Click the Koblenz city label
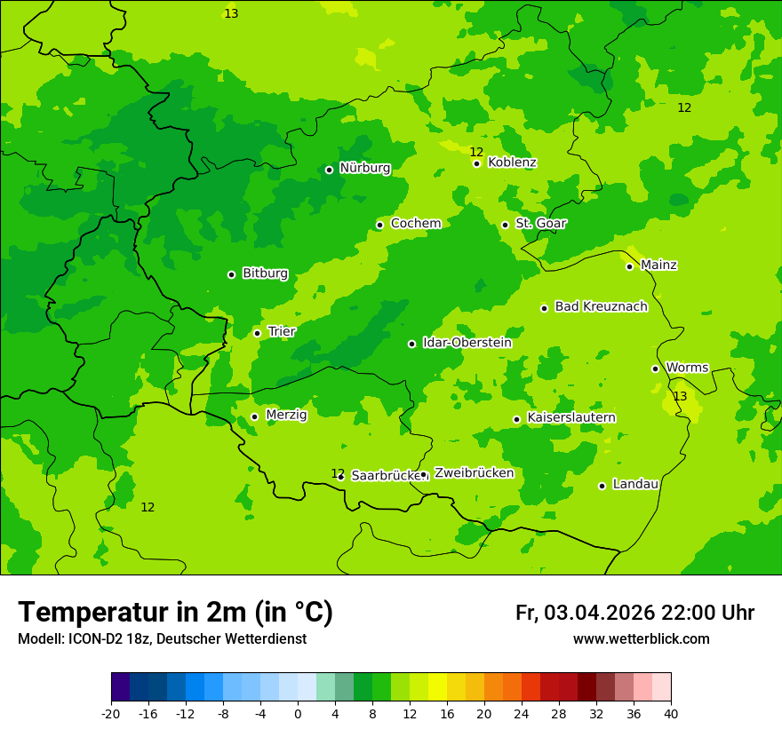512,162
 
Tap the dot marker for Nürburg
329,170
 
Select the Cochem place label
415,224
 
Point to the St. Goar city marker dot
505,225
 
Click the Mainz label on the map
658,265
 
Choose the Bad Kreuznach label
601,306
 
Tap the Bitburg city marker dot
231,274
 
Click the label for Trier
282,331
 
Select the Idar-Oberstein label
467,343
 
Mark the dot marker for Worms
655,368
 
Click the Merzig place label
286,415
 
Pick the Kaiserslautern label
571,417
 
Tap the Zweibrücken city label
474,473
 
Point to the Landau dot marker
602,486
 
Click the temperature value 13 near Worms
680,396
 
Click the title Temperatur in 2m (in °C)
175,613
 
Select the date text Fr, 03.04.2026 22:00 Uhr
634,613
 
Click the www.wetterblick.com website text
641,639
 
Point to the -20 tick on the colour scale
111,714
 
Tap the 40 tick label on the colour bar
671,714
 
